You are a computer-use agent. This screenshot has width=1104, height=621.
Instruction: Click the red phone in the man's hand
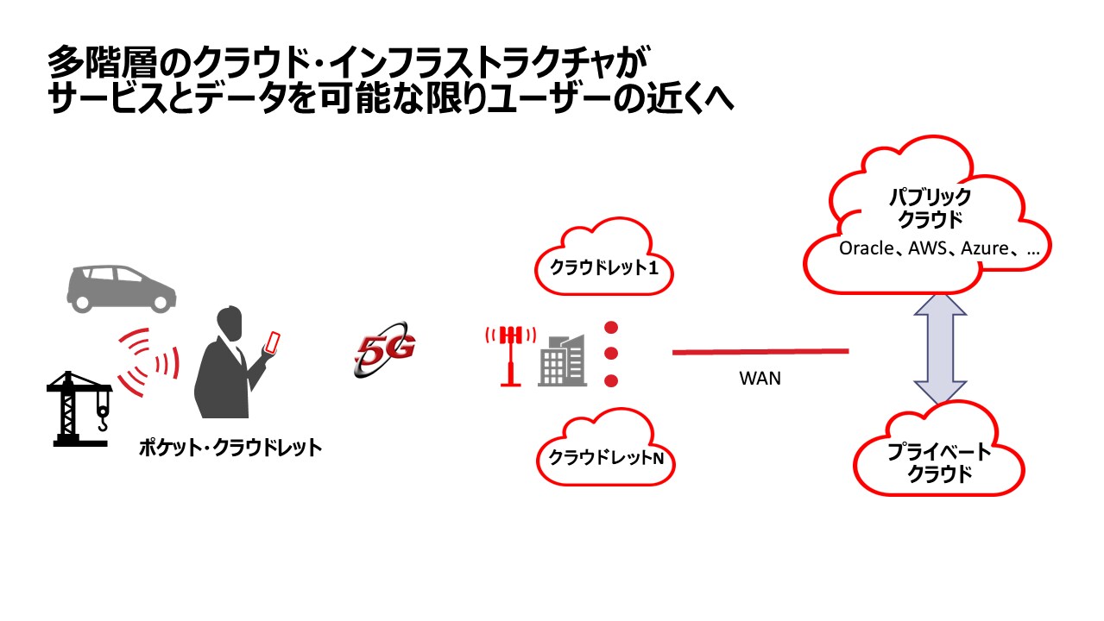273,342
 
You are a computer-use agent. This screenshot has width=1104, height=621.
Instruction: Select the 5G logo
385,352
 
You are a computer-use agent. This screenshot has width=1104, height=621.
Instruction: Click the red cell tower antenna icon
510,354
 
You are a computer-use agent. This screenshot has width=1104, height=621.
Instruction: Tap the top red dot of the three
612,328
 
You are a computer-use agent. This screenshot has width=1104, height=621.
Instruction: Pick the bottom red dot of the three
612,380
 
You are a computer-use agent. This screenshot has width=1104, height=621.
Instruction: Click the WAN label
760,378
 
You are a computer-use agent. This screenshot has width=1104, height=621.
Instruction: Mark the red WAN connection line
760,351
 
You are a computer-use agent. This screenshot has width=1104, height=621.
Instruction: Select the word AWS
929,249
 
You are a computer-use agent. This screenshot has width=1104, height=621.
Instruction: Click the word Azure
985,249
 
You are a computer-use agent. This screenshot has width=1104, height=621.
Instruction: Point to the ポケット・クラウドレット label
230,448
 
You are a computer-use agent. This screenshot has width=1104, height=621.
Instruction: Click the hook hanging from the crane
102,420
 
